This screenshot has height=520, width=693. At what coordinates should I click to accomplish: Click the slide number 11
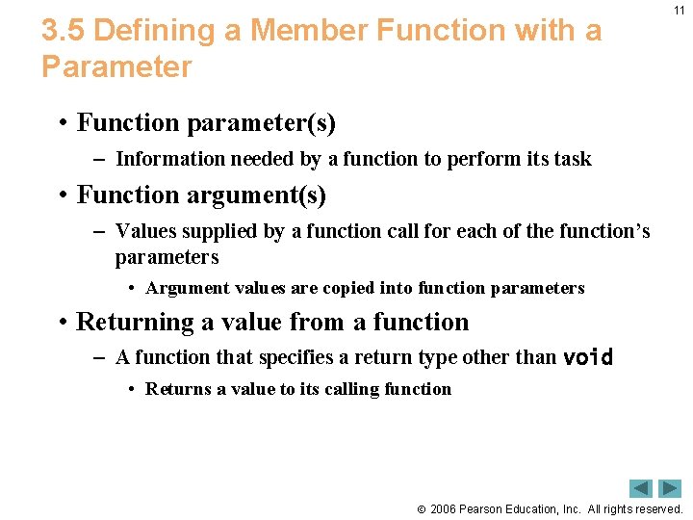point(680,11)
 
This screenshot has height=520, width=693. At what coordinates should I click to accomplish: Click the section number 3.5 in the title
point(64,32)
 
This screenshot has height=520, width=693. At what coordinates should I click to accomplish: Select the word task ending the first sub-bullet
point(571,159)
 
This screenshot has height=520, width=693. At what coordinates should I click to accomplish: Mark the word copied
point(342,288)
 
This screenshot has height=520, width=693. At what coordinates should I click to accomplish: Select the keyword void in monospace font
point(587,357)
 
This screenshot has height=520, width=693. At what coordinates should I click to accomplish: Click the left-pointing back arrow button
point(641,488)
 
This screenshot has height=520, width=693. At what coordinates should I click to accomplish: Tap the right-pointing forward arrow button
point(670,488)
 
